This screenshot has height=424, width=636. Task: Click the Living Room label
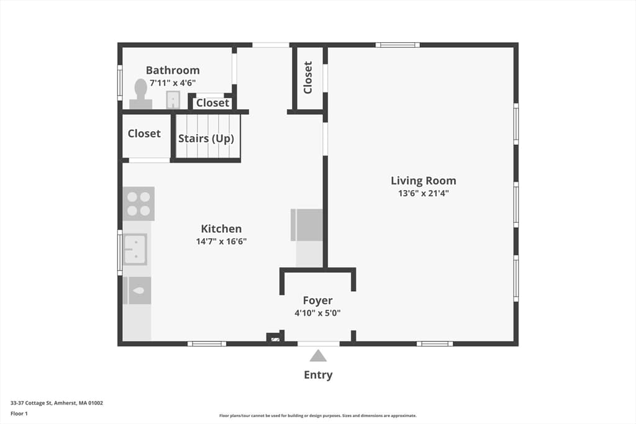(x=424, y=181)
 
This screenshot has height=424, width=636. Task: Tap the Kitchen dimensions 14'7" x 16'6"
(x=222, y=241)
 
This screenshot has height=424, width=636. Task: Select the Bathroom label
(x=173, y=70)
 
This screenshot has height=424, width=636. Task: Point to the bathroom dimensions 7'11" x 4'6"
(x=173, y=83)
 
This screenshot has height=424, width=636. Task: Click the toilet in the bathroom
(x=141, y=94)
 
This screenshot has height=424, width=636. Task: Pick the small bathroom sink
(x=173, y=100)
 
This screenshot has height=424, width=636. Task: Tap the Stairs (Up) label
(x=206, y=138)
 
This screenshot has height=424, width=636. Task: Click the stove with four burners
(x=139, y=204)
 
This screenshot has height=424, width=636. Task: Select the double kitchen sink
(x=135, y=250)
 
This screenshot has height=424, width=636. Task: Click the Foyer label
(x=317, y=300)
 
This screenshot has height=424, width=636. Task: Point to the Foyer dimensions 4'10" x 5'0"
(x=317, y=313)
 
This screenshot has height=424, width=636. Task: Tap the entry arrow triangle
(x=319, y=356)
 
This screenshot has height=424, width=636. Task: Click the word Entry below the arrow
(x=319, y=375)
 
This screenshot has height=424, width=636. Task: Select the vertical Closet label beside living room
(x=308, y=78)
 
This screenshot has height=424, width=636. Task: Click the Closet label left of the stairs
(x=144, y=133)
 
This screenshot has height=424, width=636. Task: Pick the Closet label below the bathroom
(x=212, y=103)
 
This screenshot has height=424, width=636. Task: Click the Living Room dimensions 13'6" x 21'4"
(x=424, y=193)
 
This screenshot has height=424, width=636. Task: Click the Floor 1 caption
(x=19, y=414)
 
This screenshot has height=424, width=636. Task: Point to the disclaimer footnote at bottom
(x=318, y=415)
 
